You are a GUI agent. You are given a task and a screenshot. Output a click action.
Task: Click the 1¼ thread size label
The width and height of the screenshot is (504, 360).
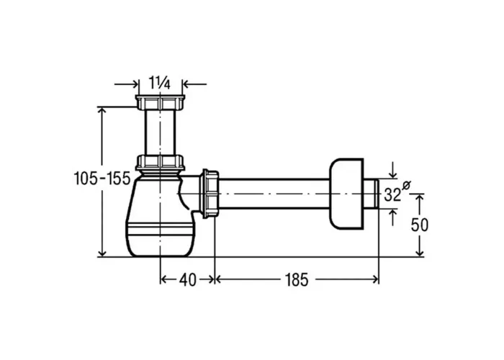coord(160,83)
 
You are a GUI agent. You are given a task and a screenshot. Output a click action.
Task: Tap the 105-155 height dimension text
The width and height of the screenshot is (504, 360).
coord(102,179)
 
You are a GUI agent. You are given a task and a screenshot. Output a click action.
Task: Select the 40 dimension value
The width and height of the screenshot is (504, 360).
coord(188,280)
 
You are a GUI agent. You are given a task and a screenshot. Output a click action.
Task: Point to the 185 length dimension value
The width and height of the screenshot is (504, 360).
coord(297,279)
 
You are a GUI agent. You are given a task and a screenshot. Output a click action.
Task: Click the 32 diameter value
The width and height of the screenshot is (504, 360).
coord(393,195)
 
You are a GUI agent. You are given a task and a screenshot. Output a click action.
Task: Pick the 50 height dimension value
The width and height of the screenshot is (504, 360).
coord(420,225)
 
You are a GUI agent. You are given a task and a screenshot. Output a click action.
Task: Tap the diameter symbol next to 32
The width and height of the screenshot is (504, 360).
coord(407,185)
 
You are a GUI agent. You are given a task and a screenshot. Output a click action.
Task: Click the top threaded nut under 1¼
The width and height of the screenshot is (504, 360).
coord(160,102)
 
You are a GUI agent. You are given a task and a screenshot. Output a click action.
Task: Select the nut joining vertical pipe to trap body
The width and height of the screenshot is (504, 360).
coord(160,162)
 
